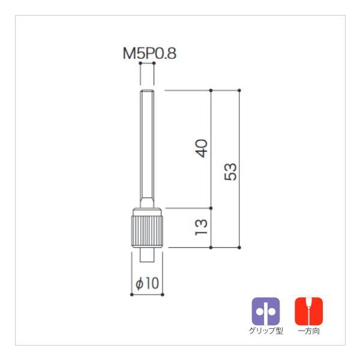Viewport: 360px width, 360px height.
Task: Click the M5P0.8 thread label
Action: point(149,53)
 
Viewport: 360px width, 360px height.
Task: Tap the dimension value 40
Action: point(202,148)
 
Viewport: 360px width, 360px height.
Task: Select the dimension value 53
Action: point(230,172)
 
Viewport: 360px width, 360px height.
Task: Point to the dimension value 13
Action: point(202,227)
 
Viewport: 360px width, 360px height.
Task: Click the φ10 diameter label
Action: point(147,283)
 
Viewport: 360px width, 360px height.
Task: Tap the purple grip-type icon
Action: point(266,311)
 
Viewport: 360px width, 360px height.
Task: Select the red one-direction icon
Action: point(309,311)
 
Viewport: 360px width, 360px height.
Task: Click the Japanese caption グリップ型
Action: point(266,331)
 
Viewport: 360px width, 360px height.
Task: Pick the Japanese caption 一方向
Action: point(309,331)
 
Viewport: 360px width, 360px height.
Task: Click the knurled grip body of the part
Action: point(147,231)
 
